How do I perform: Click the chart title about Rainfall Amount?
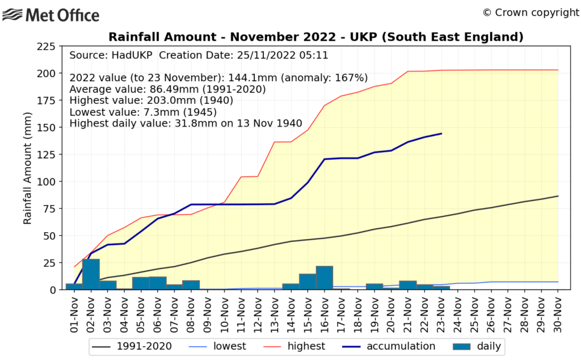[x=315, y=37]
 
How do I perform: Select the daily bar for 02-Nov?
[x=91, y=274]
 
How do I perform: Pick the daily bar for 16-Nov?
[x=324, y=278]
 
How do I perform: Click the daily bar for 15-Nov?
[x=308, y=282]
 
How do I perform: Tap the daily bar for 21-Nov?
[x=408, y=285]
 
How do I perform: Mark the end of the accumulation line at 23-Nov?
[x=441, y=134]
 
